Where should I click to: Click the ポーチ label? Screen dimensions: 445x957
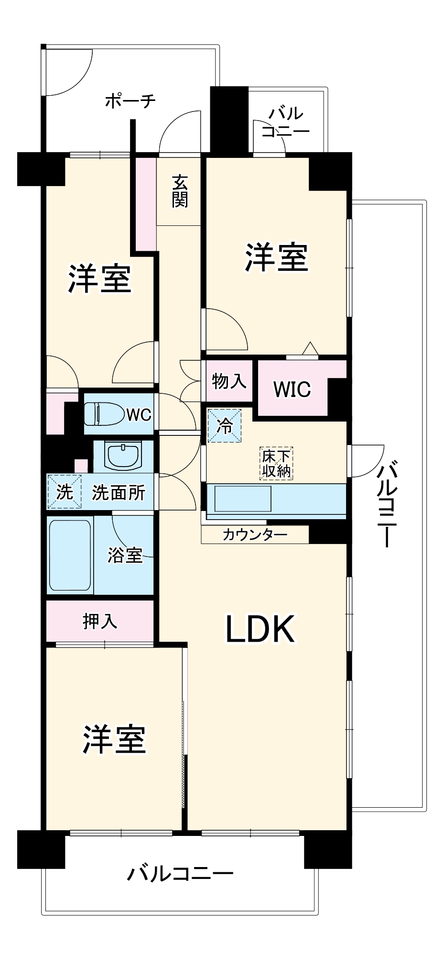pos(130,100)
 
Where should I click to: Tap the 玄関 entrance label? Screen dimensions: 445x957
pos(180,191)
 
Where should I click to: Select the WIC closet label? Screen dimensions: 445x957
pos(292,389)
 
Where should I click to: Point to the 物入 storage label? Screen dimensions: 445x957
pos(229,381)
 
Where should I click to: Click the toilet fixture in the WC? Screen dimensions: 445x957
pos(103,413)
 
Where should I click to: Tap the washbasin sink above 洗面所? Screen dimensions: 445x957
pos(124,456)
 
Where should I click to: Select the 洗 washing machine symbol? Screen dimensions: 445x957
pos(64,491)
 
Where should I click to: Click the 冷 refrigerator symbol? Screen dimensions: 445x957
pos(224,425)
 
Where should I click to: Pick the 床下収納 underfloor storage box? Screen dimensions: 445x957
pos(276,464)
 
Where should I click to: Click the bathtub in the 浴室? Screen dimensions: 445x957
pos(70,555)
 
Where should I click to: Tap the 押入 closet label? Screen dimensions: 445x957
pos(100,621)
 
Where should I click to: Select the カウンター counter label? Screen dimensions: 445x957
pos(255,534)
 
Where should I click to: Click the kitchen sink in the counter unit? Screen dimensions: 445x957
pos(243,499)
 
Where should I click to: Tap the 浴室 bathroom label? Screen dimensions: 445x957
pos(125,555)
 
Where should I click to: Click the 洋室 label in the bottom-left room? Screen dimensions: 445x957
pos(114,739)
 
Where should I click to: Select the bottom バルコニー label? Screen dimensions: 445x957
pos(180,874)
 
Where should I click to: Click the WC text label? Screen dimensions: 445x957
pos(139,414)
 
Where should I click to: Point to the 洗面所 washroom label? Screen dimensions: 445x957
pos(119,492)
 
